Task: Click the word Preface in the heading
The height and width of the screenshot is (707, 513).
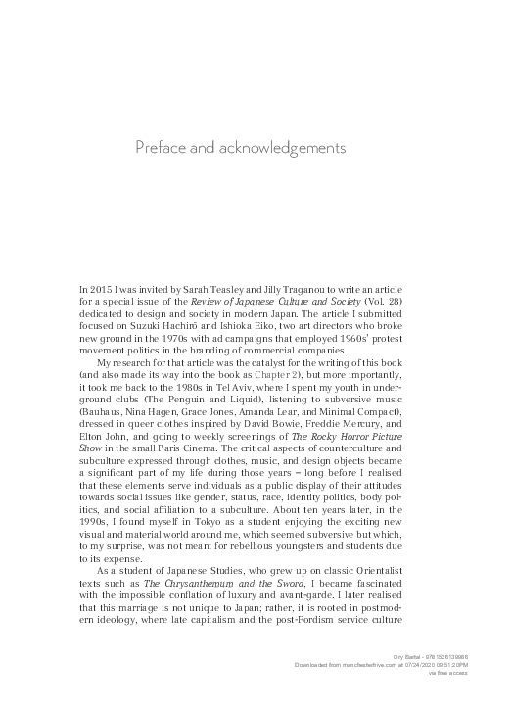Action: coord(159,148)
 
